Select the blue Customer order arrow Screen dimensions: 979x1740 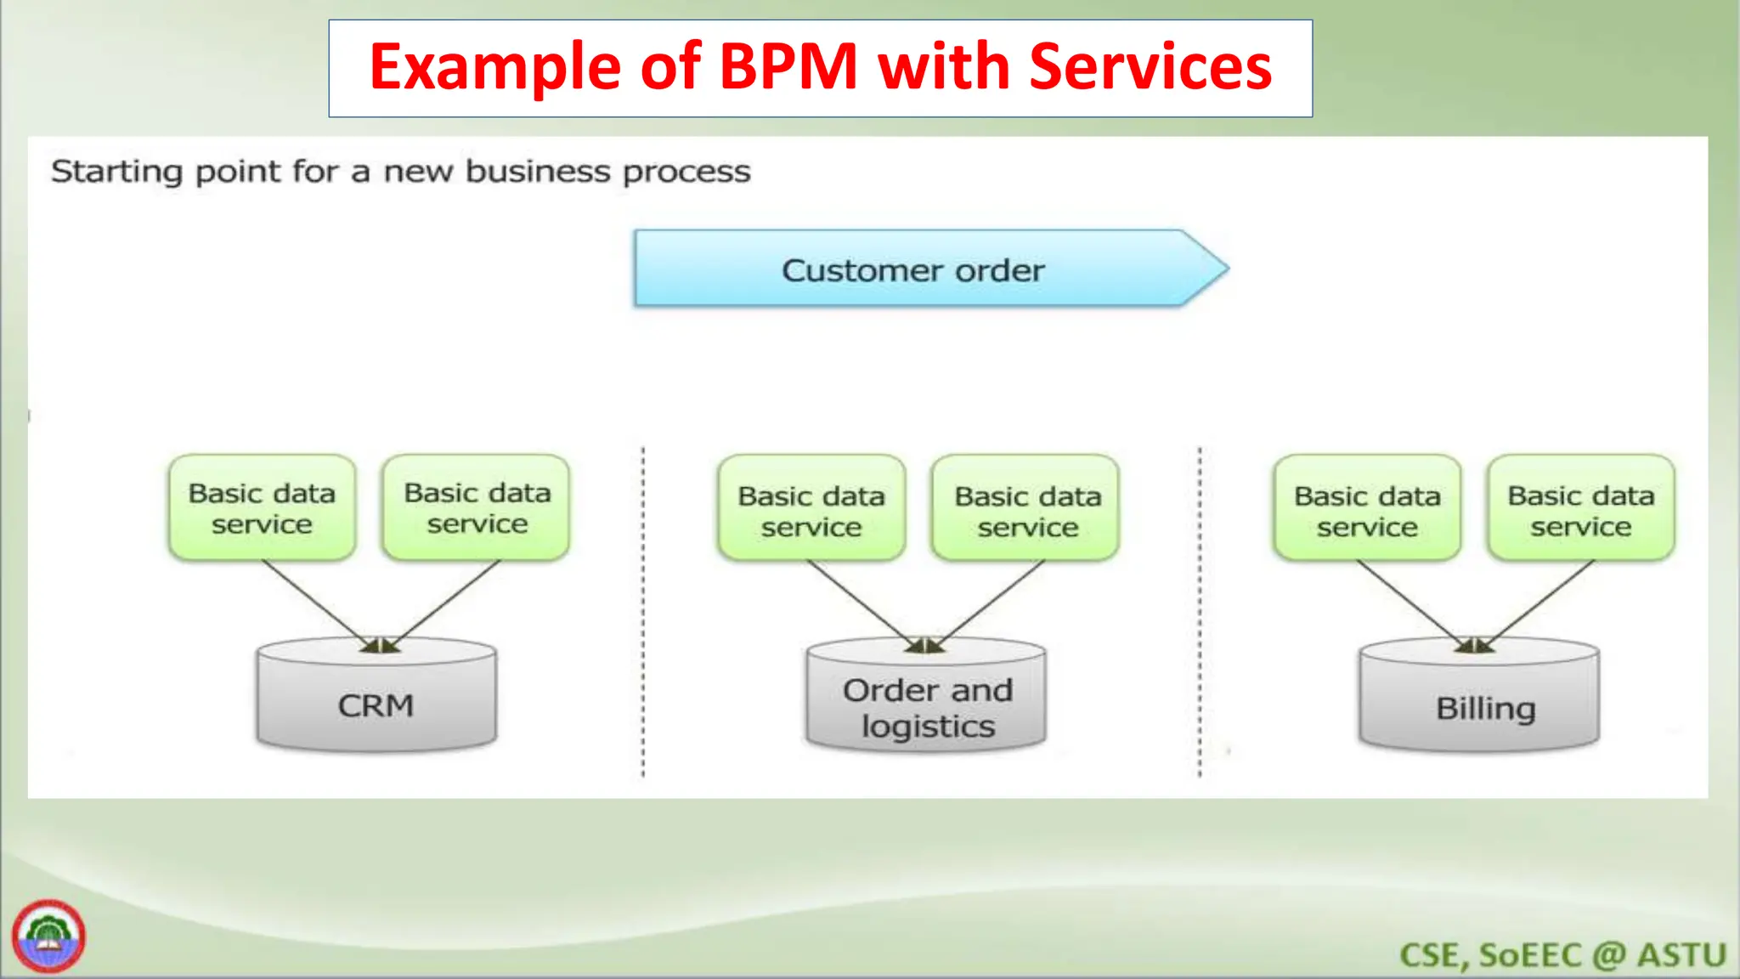pos(913,269)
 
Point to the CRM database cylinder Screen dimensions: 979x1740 pos(376,705)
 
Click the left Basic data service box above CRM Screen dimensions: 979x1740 pos(262,508)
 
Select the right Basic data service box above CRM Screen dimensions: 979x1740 pos(477,508)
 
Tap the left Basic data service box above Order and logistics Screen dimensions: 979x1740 pos(811,510)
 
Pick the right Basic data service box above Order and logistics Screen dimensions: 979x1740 pos(1026,510)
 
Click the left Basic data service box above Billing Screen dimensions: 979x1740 pos(1366,510)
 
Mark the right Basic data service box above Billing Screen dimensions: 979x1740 pos(1581,510)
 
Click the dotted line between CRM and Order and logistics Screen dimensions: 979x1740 pos(643,612)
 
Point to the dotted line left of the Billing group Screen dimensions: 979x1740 pos(1200,612)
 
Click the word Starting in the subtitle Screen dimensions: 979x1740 pos(116,172)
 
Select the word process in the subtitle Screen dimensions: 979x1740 pos(686,173)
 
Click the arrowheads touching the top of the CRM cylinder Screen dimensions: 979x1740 pos(380,647)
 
